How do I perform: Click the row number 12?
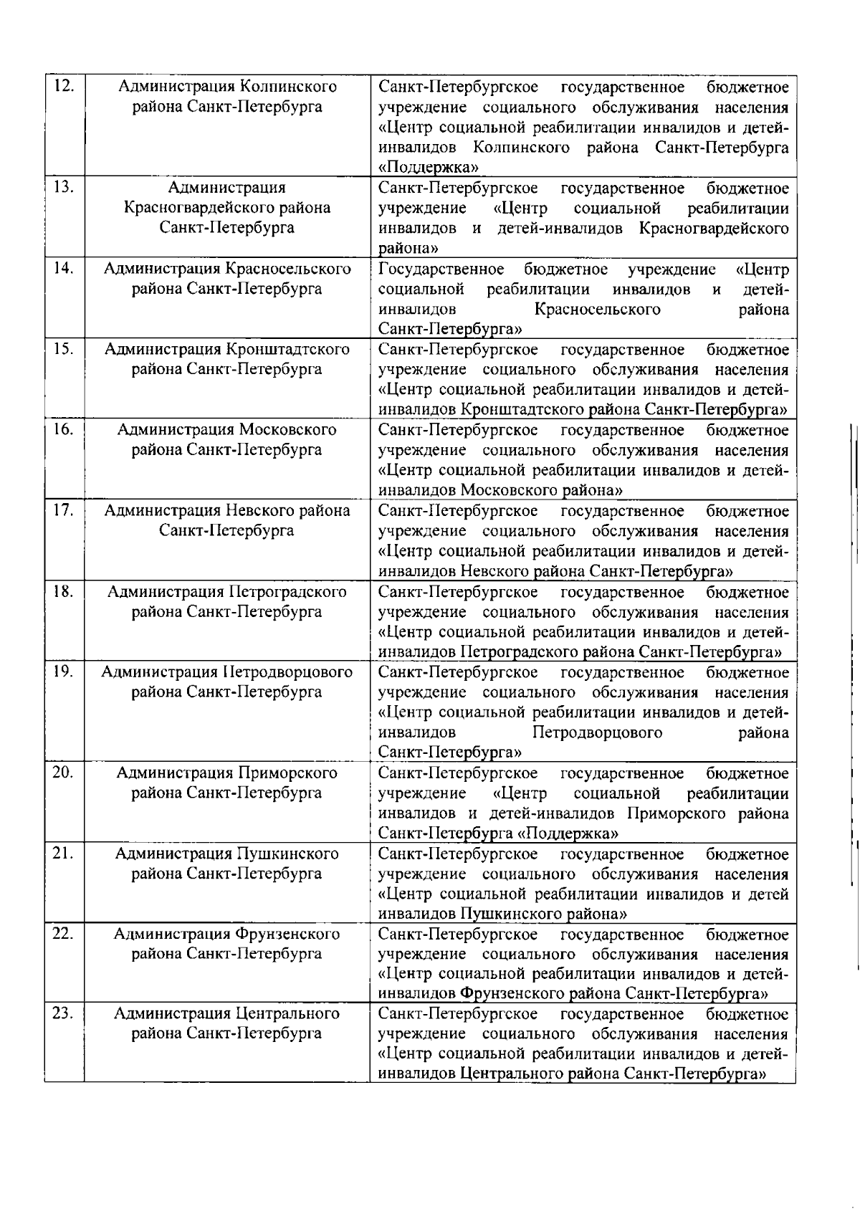[64, 87]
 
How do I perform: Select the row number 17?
[64, 510]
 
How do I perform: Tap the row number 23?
[64, 1013]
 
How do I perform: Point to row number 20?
[64, 773]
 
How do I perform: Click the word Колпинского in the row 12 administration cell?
[287, 87]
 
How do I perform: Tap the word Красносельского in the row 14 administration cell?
[288, 269]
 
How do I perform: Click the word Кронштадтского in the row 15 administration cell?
[288, 350]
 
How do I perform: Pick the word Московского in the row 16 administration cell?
[287, 430]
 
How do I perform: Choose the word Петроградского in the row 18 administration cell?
[287, 591]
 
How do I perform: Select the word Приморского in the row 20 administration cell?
[287, 773]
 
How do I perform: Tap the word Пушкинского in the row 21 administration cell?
[287, 854]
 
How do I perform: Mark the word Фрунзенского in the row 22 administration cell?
[287, 934]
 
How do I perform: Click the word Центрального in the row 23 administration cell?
[287, 1013]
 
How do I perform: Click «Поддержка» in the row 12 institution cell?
[429, 168]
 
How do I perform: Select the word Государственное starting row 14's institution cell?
[441, 269]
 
